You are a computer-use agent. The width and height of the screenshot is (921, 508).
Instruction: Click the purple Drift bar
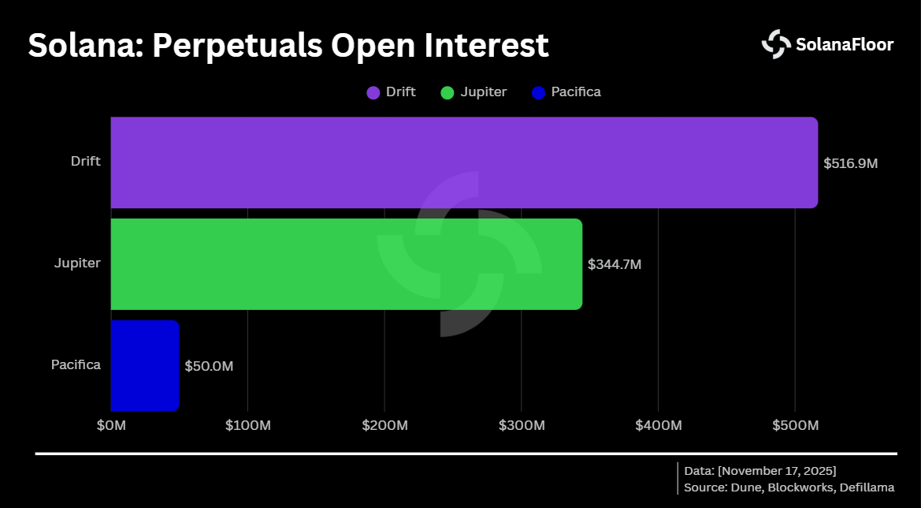click(464, 162)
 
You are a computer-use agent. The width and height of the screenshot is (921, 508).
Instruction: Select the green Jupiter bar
click(346, 263)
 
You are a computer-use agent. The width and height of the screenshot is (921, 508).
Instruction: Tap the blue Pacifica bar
click(145, 365)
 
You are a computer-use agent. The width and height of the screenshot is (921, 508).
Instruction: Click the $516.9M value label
click(850, 163)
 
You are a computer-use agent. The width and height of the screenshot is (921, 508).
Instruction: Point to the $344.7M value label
click(615, 264)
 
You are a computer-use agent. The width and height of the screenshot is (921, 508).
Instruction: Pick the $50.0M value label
click(209, 366)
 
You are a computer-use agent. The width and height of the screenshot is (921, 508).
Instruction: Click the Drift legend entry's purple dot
click(373, 92)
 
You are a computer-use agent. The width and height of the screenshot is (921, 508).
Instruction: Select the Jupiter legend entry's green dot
click(448, 92)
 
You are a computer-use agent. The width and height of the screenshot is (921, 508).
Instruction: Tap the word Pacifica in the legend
click(576, 92)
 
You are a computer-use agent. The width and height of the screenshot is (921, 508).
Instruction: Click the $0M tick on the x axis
click(111, 425)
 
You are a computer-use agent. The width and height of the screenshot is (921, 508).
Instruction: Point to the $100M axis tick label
click(247, 425)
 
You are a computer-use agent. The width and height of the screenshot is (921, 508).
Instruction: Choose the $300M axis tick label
click(522, 425)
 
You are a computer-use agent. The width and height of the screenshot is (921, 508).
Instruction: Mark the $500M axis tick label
click(795, 425)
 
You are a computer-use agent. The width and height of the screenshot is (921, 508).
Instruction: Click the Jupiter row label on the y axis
click(77, 263)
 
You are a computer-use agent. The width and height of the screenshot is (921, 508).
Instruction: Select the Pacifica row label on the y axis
click(76, 364)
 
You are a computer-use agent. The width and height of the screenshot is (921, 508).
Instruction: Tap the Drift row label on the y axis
click(85, 161)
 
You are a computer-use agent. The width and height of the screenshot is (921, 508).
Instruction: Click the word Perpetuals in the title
click(237, 45)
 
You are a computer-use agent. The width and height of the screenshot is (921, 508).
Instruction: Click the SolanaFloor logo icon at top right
click(776, 44)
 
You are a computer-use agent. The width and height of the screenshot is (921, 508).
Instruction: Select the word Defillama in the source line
click(866, 487)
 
